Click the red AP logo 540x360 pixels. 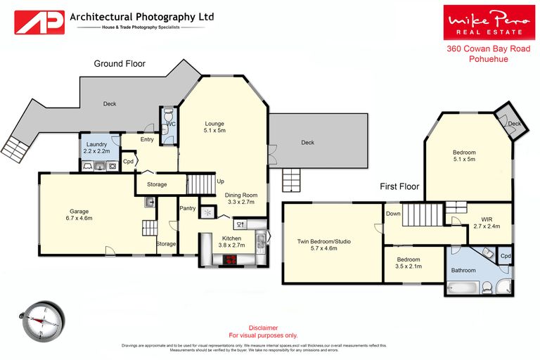(x=39, y=22)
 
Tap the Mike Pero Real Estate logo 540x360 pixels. (x=483, y=22)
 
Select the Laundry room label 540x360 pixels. (x=97, y=147)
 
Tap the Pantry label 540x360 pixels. (x=188, y=208)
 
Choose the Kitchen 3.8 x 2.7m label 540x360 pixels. (x=232, y=242)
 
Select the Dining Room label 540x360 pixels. (x=241, y=198)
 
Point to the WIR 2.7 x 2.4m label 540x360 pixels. (x=485, y=223)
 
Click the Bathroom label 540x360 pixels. (x=464, y=270)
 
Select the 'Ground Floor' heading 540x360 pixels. (x=120, y=64)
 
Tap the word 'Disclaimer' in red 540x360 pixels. (x=264, y=328)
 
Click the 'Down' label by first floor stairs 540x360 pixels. (x=392, y=214)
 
